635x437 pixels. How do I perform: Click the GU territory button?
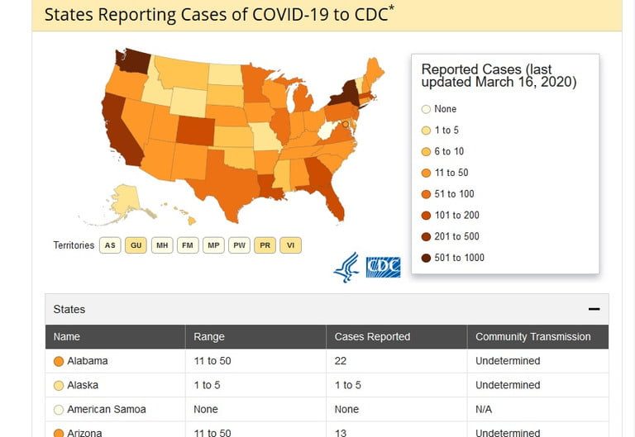[x=136, y=245]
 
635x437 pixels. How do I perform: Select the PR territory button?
[x=265, y=245]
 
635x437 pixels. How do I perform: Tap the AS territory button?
[x=110, y=245]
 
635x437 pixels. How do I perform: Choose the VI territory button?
[x=290, y=245]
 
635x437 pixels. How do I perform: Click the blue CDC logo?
[x=383, y=267]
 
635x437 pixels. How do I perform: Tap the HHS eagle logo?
[x=346, y=267]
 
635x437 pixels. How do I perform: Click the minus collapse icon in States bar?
[x=594, y=309]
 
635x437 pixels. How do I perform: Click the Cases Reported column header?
[x=372, y=337]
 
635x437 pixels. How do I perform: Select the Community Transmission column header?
[x=532, y=337]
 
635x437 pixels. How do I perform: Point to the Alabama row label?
[x=87, y=361]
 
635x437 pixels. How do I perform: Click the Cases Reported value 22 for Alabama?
[x=340, y=361]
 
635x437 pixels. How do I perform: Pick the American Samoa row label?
[x=106, y=409]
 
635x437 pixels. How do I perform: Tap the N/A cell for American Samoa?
[x=485, y=409]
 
